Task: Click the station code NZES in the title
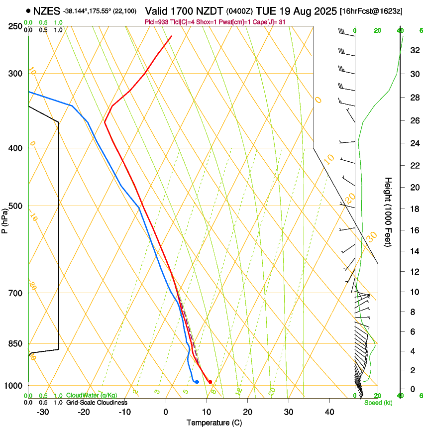[46, 10]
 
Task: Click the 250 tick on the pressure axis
[15, 26]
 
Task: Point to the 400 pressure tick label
[15, 148]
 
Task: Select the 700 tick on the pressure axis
[15, 293]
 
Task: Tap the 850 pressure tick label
[15, 344]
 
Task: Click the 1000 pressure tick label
[14, 386]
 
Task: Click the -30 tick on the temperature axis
[43, 412]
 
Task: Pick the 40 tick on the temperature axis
[329, 412]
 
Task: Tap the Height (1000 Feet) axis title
[389, 212]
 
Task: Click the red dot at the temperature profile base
[210, 382]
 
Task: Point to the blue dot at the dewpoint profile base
[197, 382]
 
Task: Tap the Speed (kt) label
[378, 403]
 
